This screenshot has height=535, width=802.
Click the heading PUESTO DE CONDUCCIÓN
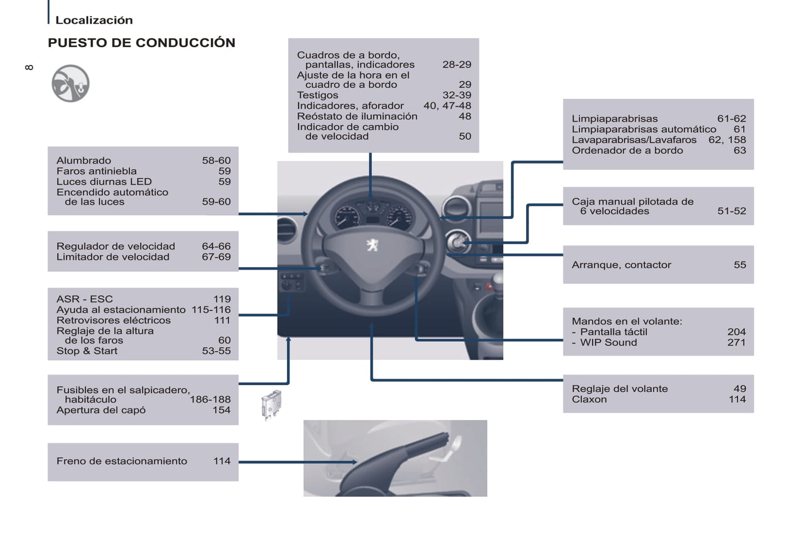[142, 43]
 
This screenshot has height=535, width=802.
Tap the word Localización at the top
[94, 21]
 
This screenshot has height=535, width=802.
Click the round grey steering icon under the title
[70, 84]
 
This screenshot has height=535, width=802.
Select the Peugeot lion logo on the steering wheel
[372, 244]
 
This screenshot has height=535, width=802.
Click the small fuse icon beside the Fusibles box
[271, 404]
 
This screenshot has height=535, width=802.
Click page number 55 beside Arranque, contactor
[739, 265]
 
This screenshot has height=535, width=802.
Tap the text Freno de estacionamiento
[122, 461]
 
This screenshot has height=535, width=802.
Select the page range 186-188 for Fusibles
[210, 400]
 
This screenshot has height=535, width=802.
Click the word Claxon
[589, 400]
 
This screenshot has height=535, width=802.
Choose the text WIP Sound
[608, 342]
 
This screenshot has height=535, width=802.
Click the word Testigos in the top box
[317, 95]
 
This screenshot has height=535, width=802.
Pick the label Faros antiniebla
[96, 171]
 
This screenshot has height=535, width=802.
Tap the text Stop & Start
[87, 351]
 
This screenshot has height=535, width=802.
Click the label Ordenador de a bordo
[627, 150]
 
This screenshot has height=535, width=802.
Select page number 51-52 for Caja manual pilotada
[731, 211]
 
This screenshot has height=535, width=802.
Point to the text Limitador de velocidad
[113, 257]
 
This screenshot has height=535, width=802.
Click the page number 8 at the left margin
[29, 68]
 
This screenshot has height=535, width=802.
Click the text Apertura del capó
[100, 410]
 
